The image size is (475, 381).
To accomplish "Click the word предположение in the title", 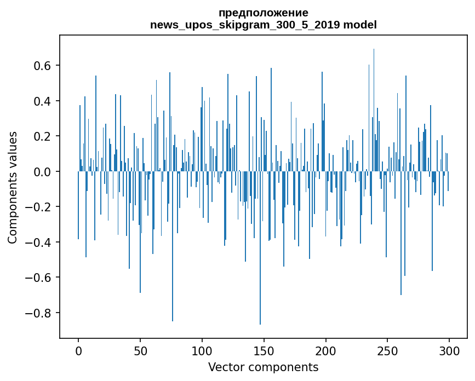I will click(263, 13).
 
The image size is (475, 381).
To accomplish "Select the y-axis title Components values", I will click(13, 187).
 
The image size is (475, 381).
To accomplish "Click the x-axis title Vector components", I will click(263, 367).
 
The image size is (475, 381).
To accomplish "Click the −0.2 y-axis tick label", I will click(39, 207).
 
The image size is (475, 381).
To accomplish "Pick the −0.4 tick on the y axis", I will click(39, 243).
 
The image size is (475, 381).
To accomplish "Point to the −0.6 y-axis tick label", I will click(39, 278).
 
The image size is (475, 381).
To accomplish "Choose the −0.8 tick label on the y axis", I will click(39, 313).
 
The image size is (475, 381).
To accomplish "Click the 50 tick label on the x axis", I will click(140, 350).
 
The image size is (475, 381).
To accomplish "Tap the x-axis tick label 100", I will click(202, 350).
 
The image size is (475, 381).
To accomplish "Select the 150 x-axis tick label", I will click(264, 350).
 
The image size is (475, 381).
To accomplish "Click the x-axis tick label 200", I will click(326, 350).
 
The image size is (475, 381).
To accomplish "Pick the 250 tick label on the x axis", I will click(388, 350).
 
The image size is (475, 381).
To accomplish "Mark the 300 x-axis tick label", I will click(450, 350).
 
